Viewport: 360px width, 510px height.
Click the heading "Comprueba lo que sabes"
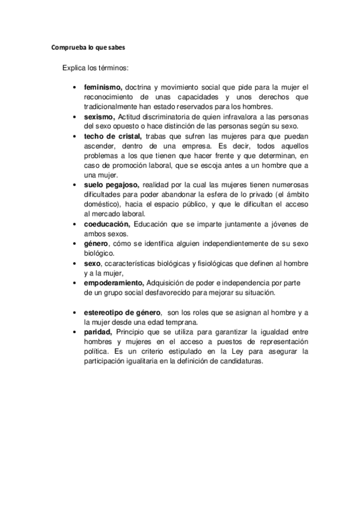[x=88, y=47]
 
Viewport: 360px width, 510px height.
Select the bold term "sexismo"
[x=100, y=116]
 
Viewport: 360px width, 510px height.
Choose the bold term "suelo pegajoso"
[x=112, y=185]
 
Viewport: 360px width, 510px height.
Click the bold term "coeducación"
[x=107, y=224]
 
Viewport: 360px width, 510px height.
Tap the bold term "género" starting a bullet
[x=97, y=244]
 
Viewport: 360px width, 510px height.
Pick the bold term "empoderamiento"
[x=114, y=283]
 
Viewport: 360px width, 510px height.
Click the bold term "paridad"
[x=99, y=331]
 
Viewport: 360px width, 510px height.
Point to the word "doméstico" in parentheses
[x=103, y=204]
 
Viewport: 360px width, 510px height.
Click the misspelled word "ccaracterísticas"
[x=135, y=263]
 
